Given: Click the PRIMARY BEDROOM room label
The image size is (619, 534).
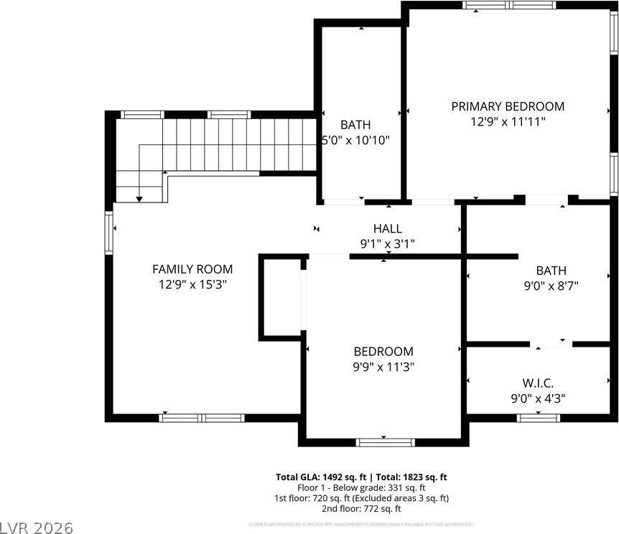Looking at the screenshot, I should [507, 106].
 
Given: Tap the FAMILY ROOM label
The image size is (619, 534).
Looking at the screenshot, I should [192, 269].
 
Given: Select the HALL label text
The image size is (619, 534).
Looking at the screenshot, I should [387, 228].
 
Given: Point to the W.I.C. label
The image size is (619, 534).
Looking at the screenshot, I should [538, 383].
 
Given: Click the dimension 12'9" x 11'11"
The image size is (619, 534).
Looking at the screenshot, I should [507, 122].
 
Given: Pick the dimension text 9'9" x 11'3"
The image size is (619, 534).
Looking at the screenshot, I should [383, 367].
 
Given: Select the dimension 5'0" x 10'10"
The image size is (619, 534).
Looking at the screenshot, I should [356, 140].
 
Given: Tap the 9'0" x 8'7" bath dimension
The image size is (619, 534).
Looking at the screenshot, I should [551, 285].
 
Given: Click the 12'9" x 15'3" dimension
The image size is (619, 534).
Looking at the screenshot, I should [192, 285].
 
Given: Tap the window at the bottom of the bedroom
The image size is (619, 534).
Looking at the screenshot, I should [386, 442].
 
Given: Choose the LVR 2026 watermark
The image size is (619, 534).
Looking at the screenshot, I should [37, 528].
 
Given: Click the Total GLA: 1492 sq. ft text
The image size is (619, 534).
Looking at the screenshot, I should [321, 477].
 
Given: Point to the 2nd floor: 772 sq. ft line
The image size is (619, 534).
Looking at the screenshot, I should [362, 508].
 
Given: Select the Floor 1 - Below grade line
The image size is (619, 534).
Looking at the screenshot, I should [362, 487].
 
